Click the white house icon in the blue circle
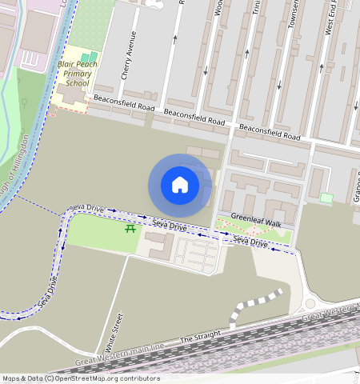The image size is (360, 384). (180, 185)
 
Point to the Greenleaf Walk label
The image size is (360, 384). (256, 218)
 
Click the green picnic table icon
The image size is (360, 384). (130, 230)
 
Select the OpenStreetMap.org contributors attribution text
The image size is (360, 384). (107, 378)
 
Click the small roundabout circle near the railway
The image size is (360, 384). (310, 303)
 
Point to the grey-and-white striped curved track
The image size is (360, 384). (254, 305)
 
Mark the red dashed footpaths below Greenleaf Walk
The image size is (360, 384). (257, 232)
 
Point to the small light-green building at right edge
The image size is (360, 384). (326, 198)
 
